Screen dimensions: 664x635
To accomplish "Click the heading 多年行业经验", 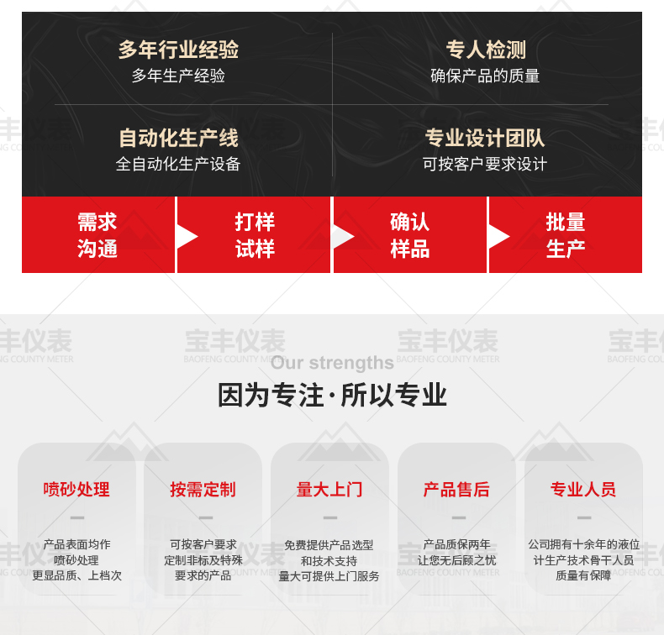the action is pyautogui.click(x=178, y=50).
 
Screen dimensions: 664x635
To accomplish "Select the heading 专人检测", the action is pyautogui.click(x=486, y=50).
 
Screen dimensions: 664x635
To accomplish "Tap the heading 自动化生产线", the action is pyautogui.click(x=178, y=138).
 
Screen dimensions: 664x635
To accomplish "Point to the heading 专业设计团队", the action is pyautogui.click(x=485, y=138).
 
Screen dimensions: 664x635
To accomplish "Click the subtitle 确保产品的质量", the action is pyautogui.click(x=485, y=76).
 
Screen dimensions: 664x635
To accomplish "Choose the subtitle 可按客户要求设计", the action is pyautogui.click(x=485, y=164).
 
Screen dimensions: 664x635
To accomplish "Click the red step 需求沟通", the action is pyautogui.click(x=97, y=235).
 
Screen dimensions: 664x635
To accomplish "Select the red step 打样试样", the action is pyautogui.click(x=254, y=235).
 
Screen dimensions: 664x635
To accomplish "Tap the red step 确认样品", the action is pyautogui.click(x=410, y=235).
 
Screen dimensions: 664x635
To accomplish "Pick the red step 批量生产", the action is pyautogui.click(x=566, y=235).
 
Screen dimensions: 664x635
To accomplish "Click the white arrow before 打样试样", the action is pyautogui.click(x=187, y=237).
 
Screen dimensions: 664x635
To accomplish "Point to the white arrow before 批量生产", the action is pyautogui.click(x=498, y=237).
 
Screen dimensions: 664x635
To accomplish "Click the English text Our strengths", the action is pyautogui.click(x=333, y=363).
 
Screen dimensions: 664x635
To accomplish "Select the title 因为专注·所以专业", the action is pyautogui.click(x=333, y=395).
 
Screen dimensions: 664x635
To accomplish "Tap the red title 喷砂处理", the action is pyautogui.click(x=76, y=490).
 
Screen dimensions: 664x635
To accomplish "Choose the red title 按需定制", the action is pyautogui.click(x=203, y=490).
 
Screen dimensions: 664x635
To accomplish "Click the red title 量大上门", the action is pyautogui.click(x=329, y=490).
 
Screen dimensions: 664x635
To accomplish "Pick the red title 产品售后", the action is pyautogui.click(x=456, y=490).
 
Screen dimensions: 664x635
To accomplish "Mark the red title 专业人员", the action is pyautogui.click(x=583, y=490).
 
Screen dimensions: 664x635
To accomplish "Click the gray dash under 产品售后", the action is pyautogui.click(x=459, y=517).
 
